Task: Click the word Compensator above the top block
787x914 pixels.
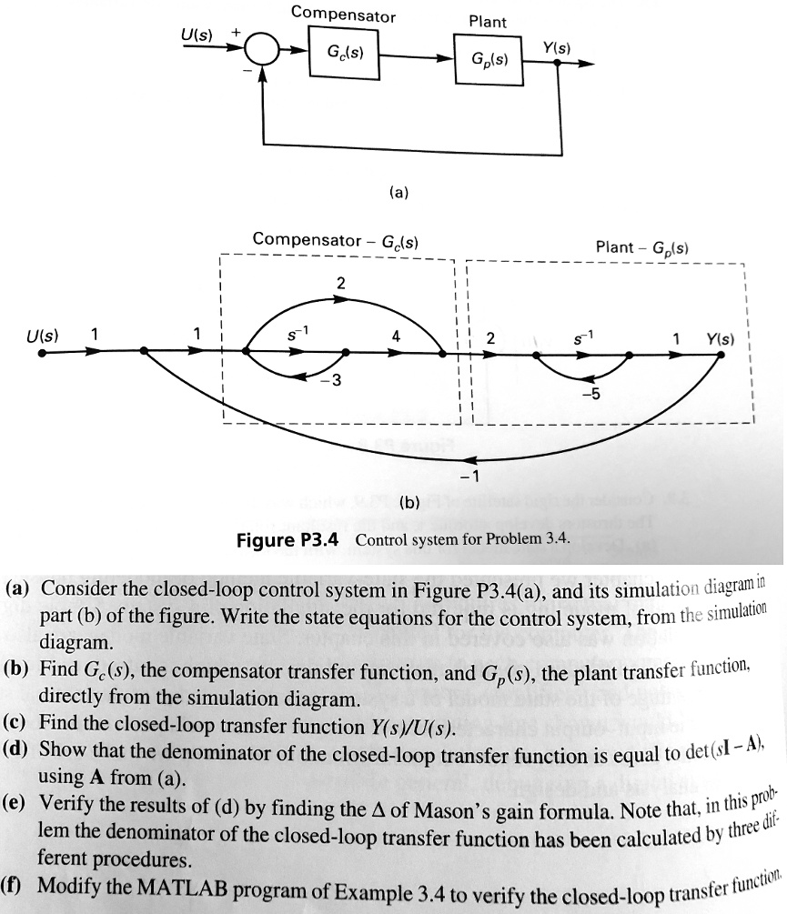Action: [344, 15]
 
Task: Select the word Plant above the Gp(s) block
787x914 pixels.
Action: [488, 20]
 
